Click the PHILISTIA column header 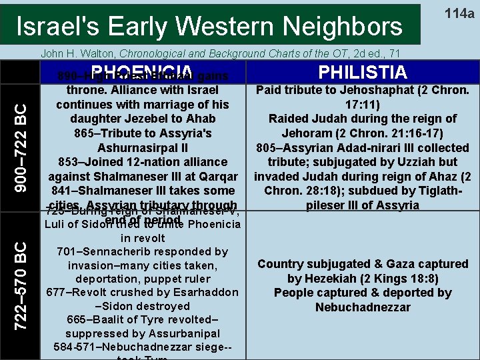(x=363, y=72)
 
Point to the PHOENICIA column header (x=143, y=72)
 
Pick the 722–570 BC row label (x=21, y=285)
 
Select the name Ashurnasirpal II (x=142, y=147)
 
